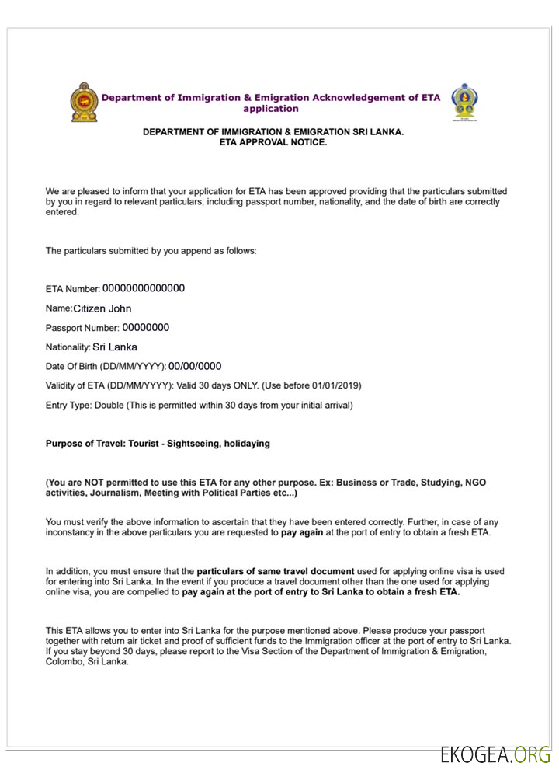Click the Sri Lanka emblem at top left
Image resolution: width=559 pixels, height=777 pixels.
coord(83,103)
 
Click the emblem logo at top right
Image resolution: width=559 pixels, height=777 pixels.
coord(465,103)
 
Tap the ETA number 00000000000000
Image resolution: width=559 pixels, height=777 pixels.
coord(144,288)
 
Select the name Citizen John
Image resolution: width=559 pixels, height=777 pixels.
coord(108,308)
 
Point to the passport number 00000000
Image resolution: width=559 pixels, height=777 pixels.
coord(145,328)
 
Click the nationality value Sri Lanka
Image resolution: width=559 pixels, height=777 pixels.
coord(115,347)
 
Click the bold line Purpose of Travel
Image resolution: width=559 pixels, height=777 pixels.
coord(158,444)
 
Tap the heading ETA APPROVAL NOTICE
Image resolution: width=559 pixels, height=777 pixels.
coord(273,143)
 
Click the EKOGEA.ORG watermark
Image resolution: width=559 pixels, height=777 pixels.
coord(495,755)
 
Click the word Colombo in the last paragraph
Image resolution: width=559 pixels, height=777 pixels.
coord(66,663)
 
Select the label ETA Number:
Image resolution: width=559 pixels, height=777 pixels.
coord(72,289)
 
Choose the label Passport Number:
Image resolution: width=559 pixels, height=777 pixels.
coord(82,329)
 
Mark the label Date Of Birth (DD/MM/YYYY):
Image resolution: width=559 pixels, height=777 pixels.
coord(106,367)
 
